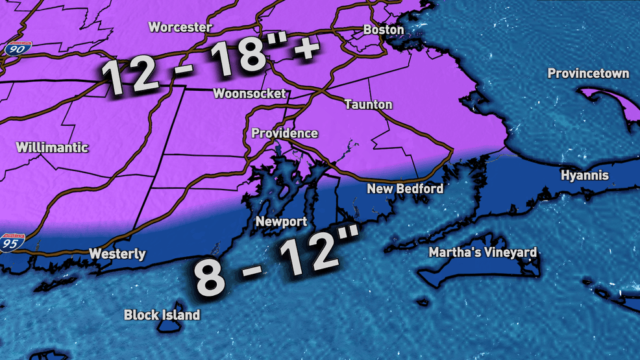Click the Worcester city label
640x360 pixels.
tap(180, 27)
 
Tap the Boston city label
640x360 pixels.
tap(384, 30)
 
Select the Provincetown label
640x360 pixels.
tap(588, 73)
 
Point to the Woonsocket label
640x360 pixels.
tap(249, 93)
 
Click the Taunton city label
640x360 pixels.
tap(368, 104)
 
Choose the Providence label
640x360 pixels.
tap(284, 134)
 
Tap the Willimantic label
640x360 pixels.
tap(52, 147)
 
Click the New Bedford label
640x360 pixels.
tap(405, 189)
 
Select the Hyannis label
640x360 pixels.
tap(584, 176)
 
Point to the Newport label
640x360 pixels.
tap(280, 221)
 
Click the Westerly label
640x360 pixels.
tap(117, 254)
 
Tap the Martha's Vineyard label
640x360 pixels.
tap(483, 252)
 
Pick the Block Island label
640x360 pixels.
tap(162, 315)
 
